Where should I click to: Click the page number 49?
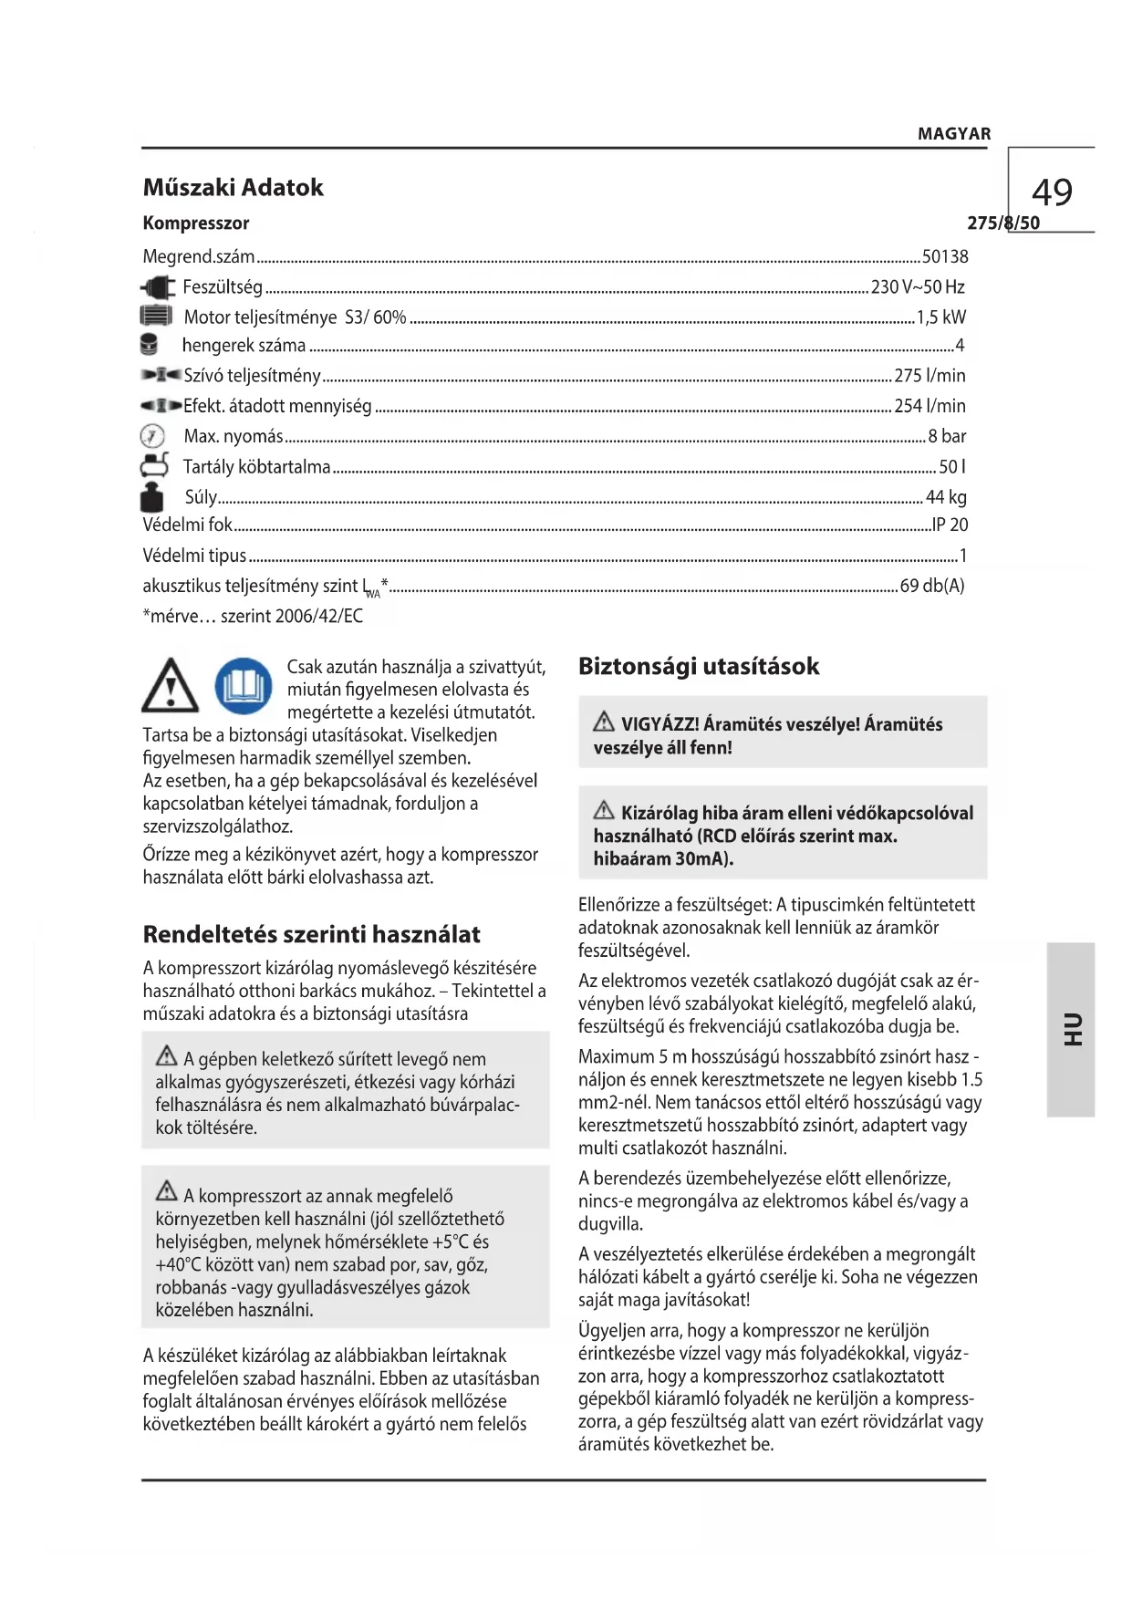point(1052,192)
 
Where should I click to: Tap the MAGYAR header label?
point(953,134)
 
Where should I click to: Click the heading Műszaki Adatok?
point(233,188)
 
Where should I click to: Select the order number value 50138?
point(945,257)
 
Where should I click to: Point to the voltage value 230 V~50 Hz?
point(917,287)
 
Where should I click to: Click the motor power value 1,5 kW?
point(940,317)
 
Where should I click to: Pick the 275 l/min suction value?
point(929,376)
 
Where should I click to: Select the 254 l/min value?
point(929,406)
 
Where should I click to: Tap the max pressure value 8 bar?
point(947,436)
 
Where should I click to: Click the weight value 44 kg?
point(946,497)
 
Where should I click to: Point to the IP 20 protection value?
point(950,525)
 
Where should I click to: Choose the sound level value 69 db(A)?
point(931,586)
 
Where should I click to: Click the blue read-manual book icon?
point(244,686)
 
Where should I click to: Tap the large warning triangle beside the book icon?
point(171,687)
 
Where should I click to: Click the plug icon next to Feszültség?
point(158,288)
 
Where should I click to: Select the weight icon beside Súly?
point(152,497)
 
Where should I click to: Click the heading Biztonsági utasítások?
point(699,667)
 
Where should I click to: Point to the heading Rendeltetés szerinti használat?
point(311,935)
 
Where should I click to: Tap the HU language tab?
point(1071,1029)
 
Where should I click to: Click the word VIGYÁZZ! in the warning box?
point(659,725)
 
